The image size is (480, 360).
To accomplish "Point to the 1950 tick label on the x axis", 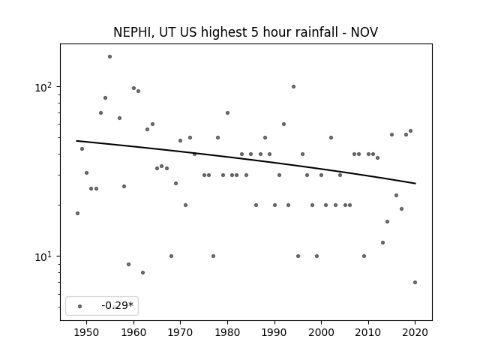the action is (87, 332).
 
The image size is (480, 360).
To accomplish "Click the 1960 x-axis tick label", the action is (133, 332).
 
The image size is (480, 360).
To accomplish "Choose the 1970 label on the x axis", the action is (180, 332).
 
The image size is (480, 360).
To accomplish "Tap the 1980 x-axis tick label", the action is (227, 332).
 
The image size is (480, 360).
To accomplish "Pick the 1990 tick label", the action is (274, 332).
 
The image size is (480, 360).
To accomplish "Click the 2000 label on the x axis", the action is (322, 332).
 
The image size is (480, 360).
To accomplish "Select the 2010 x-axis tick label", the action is (368, 332).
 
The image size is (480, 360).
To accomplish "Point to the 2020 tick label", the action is (415, 332).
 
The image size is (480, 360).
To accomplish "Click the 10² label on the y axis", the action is (46, 87).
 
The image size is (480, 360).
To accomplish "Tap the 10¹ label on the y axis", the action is (46, 256).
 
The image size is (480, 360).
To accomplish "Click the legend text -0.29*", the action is (118, 305).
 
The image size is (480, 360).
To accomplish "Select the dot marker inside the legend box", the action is (80, 306).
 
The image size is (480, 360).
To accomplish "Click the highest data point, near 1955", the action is (110, 57).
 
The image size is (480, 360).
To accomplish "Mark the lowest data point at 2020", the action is (415, 282).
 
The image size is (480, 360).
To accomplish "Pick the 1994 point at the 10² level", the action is (293, 87).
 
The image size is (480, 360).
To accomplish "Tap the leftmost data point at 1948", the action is (77, 213).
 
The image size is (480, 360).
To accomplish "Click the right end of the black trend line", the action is (415, 183).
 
